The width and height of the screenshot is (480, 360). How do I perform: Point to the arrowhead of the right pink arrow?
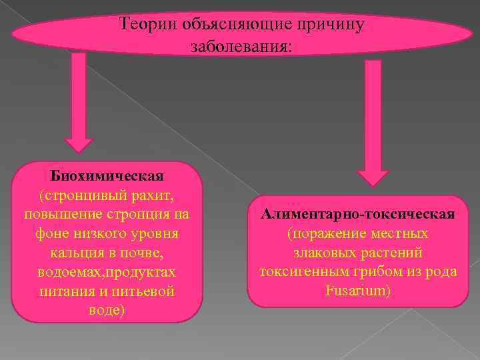point(373,177)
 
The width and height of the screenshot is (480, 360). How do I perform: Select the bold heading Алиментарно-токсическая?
point(358,215)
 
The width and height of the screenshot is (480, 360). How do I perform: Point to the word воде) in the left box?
point(107,311)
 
